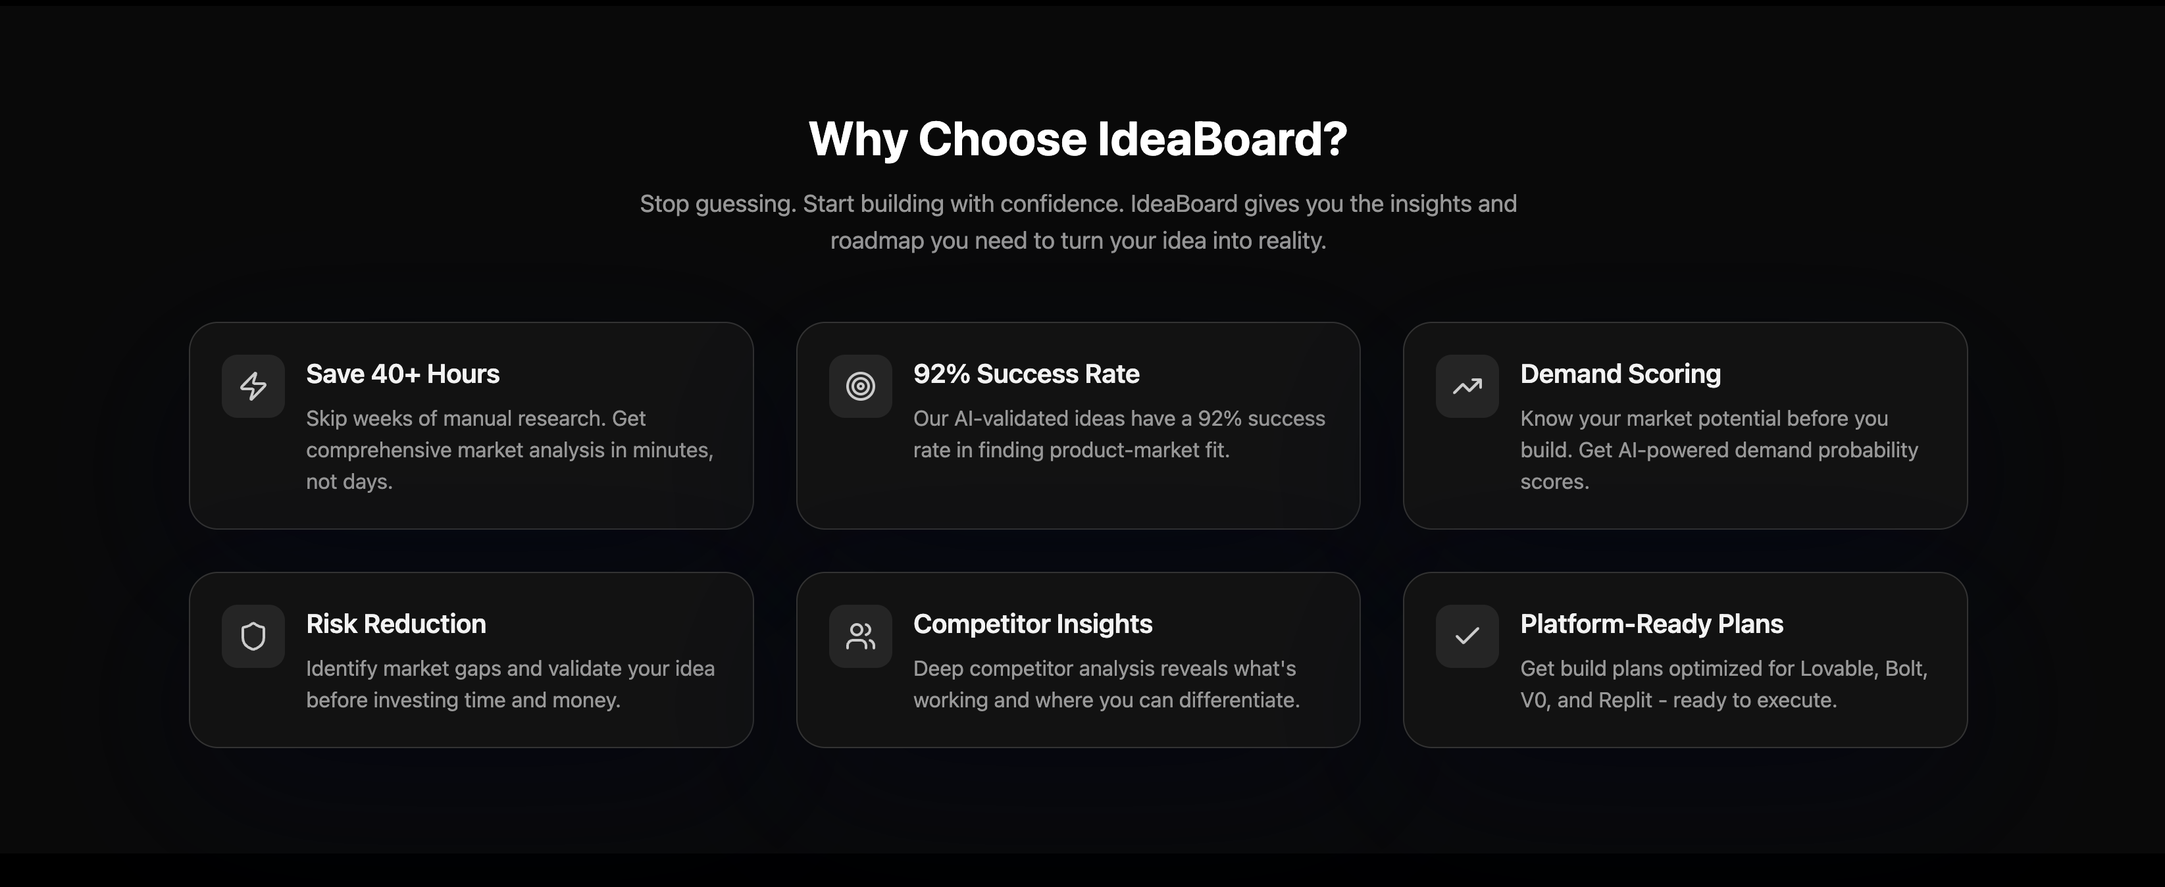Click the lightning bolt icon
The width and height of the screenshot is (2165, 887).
(x=253, y=386)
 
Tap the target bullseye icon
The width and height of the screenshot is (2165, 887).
(x=860, y=386)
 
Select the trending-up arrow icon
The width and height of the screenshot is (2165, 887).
(x=1467, y=386)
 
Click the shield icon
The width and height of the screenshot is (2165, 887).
(x=253, y=636)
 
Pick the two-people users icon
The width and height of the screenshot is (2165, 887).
(x=860, y=636)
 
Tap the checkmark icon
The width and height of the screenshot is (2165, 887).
(x=1467, y=636)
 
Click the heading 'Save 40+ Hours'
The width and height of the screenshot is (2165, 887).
(x=403, y=374)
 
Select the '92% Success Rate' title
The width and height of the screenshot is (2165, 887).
(x=1026, y=374)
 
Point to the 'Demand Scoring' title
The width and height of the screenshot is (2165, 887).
(x=1620, y=374)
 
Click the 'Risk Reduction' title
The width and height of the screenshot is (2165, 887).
(x=396, y=624)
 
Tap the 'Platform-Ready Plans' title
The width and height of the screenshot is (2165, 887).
(x=1652, y=624)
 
